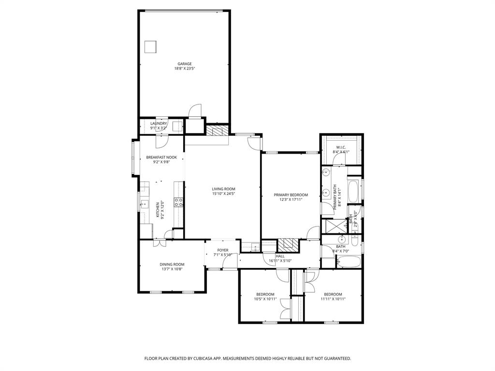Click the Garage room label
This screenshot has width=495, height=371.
(184, 64)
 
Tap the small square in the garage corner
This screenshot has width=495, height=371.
(151, 46)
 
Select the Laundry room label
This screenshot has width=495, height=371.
(159, 124)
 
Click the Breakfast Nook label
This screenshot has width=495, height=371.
(161, 157)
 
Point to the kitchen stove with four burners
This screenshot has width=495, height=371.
(178, 202)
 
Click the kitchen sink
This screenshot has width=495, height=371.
(144, 205)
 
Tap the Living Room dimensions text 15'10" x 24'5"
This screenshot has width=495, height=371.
(223, 194)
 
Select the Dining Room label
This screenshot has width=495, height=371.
(173, 264)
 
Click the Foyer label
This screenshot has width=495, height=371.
(222, 250)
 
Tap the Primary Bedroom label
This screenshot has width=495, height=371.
(291, 195)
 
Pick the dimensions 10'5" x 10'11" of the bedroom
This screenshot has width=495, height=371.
(265, 299)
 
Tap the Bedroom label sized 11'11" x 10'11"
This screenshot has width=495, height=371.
(333, 294)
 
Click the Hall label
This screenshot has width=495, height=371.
(280, 257)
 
